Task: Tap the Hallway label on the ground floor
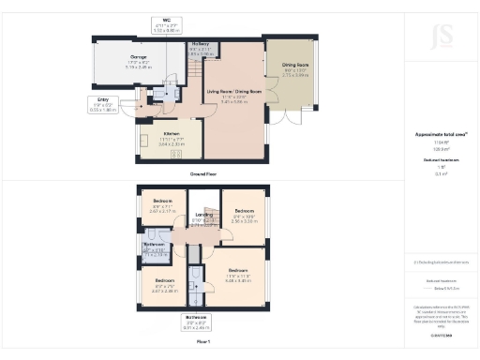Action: [x=200, y=43]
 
